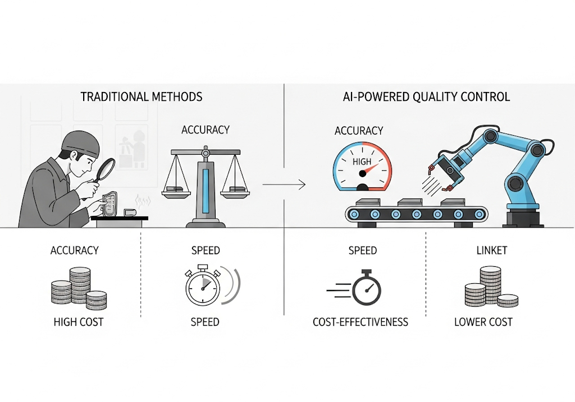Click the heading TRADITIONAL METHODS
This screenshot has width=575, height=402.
[x=141, y=96]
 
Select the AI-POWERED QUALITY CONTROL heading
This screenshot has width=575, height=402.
[x=426, y=96]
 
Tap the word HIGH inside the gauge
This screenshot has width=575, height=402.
[x=362, y=161]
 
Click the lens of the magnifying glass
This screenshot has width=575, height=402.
[x=106, y=169]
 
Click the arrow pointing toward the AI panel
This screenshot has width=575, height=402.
[x=284, y=184]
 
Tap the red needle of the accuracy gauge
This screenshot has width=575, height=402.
[x=371, y=169]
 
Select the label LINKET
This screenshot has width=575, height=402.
[x=492, y=251]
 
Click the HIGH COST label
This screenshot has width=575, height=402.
[x=79, y=322]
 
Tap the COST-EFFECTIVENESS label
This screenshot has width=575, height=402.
[x=360, y=322]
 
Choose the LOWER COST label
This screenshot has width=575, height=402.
[x=483, y=322]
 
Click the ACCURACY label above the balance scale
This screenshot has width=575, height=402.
[x=206, y=130]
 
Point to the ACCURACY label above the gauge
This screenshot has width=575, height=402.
[x=359, y=131]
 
